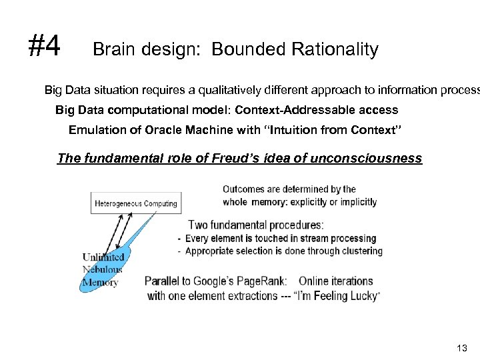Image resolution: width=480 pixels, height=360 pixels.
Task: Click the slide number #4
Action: [44, 47]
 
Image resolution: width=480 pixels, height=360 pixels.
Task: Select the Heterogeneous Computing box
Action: [136, 203]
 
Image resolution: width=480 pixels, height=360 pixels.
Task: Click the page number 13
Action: [463, 347]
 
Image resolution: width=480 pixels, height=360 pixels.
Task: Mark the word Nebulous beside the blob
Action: [102, 269]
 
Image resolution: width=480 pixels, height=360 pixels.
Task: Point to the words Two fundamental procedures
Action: [256, 225]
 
